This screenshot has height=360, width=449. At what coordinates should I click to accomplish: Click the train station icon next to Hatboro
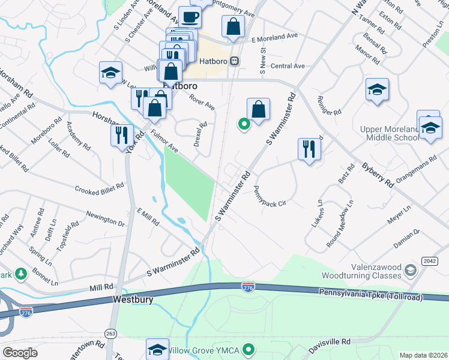pyautogui.click(x=235, y=61)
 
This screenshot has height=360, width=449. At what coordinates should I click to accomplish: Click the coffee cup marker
pyautogui.click(x=190, y=17)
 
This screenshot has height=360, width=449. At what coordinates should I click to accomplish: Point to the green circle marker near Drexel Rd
pyautogui.click(x=244, y=125)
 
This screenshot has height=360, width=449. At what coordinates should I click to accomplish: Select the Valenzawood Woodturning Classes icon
pyautogui.click(x=411, y=269)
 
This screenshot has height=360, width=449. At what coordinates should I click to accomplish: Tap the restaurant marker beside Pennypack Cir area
pyautogui.click(x=309, y=149)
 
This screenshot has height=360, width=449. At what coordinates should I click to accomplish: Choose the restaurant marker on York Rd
pyautogui.click(x=121, y=134)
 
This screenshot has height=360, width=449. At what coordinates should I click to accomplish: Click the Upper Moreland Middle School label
pyautogui.click(x=389, y=134)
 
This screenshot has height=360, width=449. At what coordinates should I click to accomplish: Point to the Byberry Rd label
pyautogui.click(x=377, y=174)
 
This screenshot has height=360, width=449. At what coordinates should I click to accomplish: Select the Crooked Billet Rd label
pyautogui.click(x=99, y=188)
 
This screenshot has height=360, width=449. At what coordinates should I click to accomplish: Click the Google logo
pyautogui.click(x=20, y=353)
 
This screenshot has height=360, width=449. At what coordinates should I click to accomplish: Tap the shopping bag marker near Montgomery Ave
pyautogui.click(x=232, y=26)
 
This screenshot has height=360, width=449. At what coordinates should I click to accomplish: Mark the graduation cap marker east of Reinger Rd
pyautogui.click(x=376, y=90)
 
